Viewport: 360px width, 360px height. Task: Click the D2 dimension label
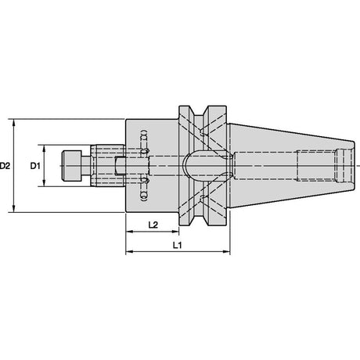point(5,166)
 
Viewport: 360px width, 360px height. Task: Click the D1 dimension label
point(35,166)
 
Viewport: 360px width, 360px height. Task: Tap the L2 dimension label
point(153,225)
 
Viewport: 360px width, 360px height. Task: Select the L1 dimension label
point(178,245)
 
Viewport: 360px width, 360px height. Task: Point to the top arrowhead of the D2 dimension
point(14,122)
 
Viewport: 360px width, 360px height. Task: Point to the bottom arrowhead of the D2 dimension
point(14,209)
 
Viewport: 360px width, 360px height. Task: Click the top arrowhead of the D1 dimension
point(44,148)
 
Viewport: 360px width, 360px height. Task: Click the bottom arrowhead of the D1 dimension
point(44,183)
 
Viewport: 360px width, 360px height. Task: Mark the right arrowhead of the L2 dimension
point(175,232)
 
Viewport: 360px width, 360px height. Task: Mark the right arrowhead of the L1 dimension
point(226,252)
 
